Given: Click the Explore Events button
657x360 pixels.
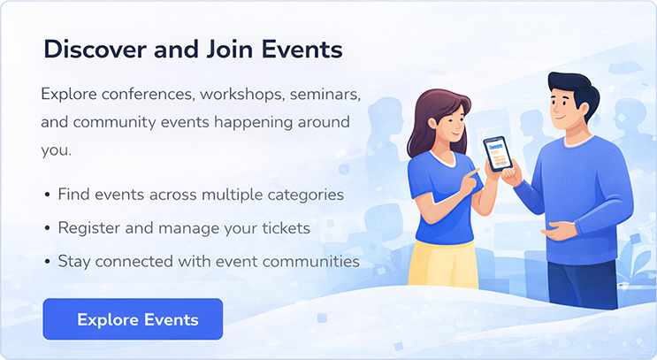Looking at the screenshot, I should pyautogui.click(x=133, y=319).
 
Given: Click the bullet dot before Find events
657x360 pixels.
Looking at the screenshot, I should pyautogui.click(x=46, y=195).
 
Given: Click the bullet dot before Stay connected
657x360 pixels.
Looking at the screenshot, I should pyautogui.click(x=46, y=262).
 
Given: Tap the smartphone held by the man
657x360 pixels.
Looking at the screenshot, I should pyautogui.click(x=498, y=154).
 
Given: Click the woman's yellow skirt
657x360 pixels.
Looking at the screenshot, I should pyautogui.click(x=442, y=270).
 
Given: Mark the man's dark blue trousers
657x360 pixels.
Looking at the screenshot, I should pyautogui.click(x=579, y=283).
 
